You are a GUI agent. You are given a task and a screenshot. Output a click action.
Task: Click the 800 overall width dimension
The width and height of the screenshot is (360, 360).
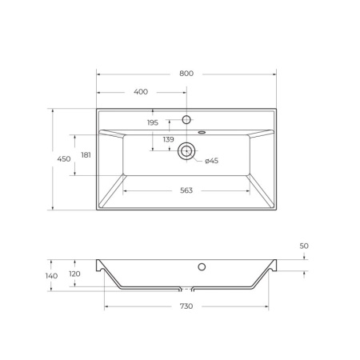[x=186, y=74]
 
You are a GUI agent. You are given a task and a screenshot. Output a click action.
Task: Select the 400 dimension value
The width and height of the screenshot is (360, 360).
[x=142, y=92]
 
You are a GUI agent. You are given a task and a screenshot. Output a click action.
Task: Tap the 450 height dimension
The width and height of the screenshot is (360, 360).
[x=64, y=159]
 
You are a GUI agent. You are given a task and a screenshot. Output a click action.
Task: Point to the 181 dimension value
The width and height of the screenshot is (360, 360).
[x=86, y=157]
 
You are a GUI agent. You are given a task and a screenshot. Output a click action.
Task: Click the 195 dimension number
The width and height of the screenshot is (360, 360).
[x=153, y=122]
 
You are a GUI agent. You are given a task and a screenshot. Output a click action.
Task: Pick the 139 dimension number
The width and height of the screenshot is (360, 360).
[x=168, y=140]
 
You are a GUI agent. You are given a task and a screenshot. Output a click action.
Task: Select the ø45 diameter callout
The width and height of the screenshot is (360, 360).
[x=211, y=162]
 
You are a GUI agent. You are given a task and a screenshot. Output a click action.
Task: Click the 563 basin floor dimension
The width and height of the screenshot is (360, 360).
[x=186, y=190]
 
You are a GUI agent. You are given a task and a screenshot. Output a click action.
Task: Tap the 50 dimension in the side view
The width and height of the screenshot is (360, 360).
[x=304, y=246]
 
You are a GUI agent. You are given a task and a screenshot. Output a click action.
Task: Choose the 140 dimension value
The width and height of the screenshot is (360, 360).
[x=52, y=275]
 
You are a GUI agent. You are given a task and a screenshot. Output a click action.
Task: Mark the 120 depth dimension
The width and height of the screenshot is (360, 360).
[x=74, y=274]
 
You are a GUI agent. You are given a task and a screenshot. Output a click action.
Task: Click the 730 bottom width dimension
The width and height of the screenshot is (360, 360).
[x=186, y=306]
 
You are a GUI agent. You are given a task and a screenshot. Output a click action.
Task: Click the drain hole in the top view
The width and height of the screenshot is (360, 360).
[x=187, y=150]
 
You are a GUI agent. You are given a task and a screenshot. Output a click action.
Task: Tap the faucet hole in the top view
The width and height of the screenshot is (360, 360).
[x=187, y=119]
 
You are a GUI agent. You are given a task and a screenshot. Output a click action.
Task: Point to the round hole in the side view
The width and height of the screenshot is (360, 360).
[x=202, y=266]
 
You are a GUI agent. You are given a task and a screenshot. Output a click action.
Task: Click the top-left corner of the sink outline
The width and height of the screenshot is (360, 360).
[x=97, y=109]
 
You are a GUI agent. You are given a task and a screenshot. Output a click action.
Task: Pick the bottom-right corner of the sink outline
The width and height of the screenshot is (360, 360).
[x=277, y=210]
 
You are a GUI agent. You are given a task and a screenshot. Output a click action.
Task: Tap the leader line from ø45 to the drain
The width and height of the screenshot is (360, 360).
[x=198, y=158]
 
